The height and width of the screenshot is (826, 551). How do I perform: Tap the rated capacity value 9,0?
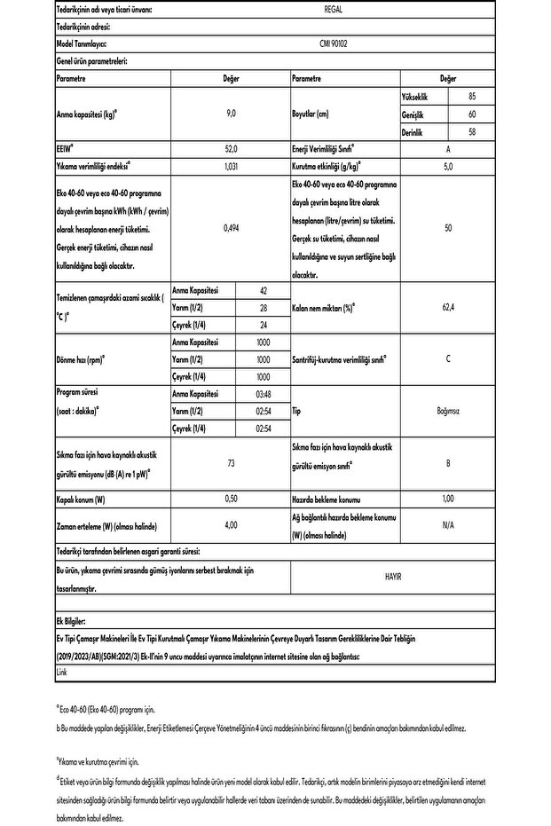[231, 114]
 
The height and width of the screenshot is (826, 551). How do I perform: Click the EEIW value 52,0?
[231, 150]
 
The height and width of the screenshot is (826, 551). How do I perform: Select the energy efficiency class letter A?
[448, 150]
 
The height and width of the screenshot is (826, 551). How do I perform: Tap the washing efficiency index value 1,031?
[231, 167]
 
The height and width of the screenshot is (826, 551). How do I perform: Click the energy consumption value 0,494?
[231, 228]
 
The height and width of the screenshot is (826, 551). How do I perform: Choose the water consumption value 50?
[448, 228]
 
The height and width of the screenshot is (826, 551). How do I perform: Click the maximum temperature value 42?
[264, 291]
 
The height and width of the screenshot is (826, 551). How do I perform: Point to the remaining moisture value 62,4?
[448, 308]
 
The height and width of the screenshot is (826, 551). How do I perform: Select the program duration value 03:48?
[264, 394]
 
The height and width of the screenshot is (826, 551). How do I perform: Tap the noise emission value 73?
[231, 463]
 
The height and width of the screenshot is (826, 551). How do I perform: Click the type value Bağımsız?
[448, 411]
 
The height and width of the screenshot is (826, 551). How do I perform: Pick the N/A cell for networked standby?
[448, 525]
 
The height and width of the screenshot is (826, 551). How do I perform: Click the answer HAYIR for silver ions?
[393, 576]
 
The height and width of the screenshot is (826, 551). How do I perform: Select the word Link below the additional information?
[61, 673]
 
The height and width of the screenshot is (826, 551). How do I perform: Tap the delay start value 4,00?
[231, 525]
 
